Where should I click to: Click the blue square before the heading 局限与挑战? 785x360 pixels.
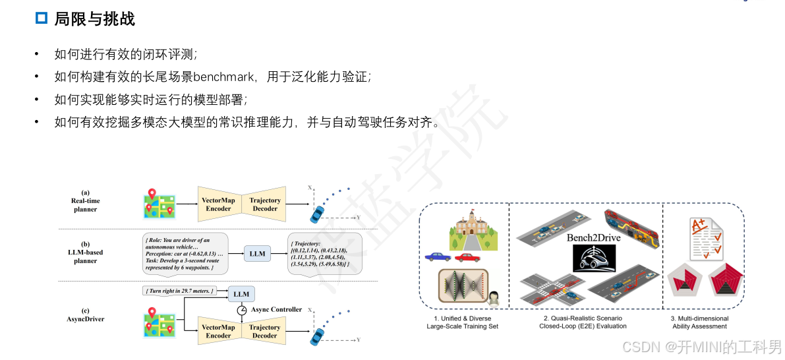pyautogui.click(x=42, y=18)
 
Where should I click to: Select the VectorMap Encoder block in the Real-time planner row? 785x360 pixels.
pyautogui.click(x=218, y=204)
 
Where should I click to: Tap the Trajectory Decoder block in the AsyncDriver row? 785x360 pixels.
pyautogui.click(x=265, y=331)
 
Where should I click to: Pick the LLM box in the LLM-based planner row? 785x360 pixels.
pyautogui.click(x=257, y=254)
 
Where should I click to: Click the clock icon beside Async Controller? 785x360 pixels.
pyautogui.click(x=242, y=310)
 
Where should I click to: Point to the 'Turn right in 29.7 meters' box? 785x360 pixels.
pyautogui.click(x=179, y=290)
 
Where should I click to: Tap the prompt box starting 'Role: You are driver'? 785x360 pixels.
pyautogui.click(x=186, y=254)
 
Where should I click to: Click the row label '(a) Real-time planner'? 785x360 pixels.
pyautogui.click(x=85, y=200)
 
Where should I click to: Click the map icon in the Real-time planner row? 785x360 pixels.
pyautogui.click(x=159, y=204)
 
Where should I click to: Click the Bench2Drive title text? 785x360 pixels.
pyautogui.click(x=593, y=237)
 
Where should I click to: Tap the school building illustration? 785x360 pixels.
pyautogui.click(x=471, y=228)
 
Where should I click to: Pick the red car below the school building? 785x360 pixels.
pyautogui.click(x=468, y=257)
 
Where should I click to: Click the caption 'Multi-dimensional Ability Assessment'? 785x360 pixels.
pyautogui.click(x=699, y=322)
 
